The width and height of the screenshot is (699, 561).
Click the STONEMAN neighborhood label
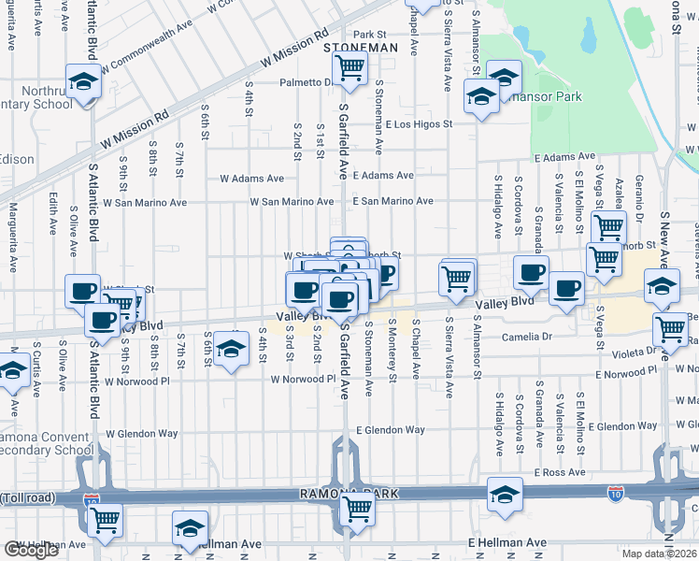coord(360,47)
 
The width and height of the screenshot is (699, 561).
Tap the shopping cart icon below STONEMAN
coord(349,67)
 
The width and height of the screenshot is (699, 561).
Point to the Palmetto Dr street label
coord(307,82)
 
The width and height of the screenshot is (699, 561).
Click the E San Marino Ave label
coord(392,201)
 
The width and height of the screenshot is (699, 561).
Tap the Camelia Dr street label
coord(528,337)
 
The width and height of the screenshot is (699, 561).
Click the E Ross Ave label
coord(560,473)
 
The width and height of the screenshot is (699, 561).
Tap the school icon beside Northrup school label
coord(83,81)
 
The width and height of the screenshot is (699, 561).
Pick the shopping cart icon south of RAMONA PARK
coord(356,510)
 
